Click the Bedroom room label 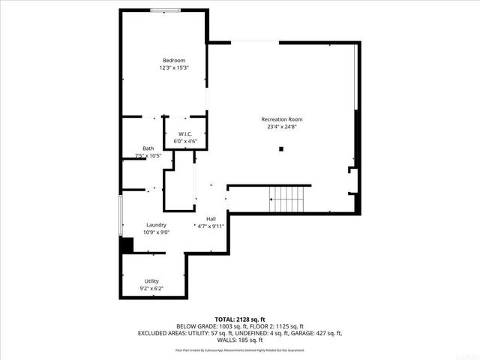(174, 60)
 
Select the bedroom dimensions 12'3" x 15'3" (174, 67)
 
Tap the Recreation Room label (281, 119)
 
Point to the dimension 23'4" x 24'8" (281, 127)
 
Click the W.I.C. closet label (185, 133)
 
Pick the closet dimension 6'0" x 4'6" (185, 141)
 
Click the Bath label (148, 148)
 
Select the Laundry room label (156, 224)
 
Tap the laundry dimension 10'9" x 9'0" (156, 232)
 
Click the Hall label (211, 218)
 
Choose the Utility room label (151, 280)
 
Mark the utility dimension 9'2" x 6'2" (151, 288)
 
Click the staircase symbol (288, 199)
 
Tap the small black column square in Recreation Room (281, 148)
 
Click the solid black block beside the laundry (127, 245)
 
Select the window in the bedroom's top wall (164, 10)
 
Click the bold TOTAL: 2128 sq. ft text (240, 319)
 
